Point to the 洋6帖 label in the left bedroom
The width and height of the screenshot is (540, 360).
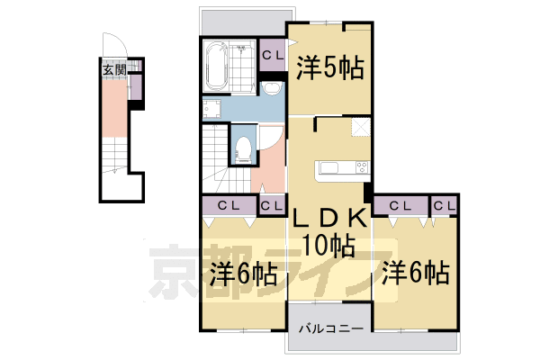coord(243,272)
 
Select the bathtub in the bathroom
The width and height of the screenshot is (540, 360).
coord(217,67)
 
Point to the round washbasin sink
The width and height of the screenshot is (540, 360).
coord(272,87)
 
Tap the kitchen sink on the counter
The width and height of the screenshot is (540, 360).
coord(328,167)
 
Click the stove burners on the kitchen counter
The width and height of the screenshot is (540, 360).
coord(361,166)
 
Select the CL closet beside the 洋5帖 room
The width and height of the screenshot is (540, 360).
coord(273,54)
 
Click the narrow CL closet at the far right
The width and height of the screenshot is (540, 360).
coord(443,205)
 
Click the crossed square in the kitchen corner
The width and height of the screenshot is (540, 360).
coord(360,128)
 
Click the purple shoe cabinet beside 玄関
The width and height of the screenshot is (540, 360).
coord(135,87)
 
